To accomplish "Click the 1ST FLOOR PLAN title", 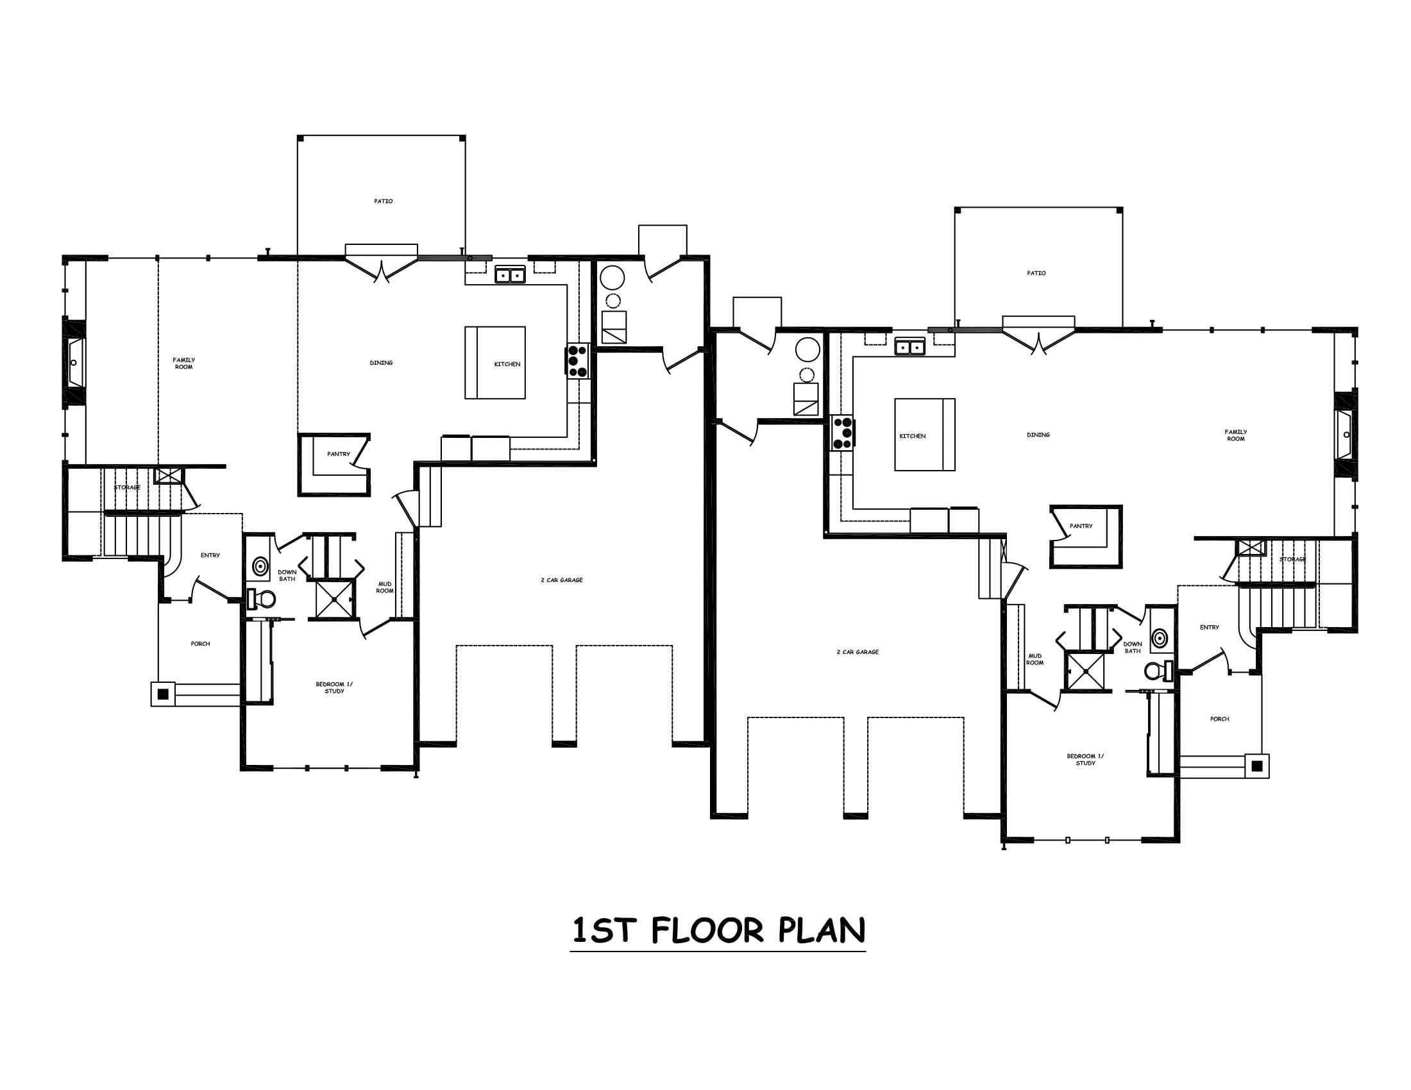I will click(718, 930).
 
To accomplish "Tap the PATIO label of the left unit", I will click(383, 201).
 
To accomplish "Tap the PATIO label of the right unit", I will click(1036, 273).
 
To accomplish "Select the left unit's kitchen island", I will click(495, 362).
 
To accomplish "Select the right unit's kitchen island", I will click(924, 435).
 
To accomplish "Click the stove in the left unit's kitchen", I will click(578, 361).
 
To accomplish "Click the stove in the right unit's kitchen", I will click(842, 433).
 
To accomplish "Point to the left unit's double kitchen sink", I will click(511, 275).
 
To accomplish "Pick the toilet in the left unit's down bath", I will click(261, 599).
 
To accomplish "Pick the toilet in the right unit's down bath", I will click(1159, 671).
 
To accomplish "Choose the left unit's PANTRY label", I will click(339, 454).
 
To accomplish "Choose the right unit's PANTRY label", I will click(1081, 526).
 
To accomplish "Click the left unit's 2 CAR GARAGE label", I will click(561, 580).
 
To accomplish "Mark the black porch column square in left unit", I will click(163, 694).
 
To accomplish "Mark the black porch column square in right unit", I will click(1256, 766).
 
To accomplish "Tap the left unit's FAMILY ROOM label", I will click(183, 364).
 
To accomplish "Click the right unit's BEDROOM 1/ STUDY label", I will click(1085, 759).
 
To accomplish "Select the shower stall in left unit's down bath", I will click(334, 599).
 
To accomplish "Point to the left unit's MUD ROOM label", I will click(385, 587).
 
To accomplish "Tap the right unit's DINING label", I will click(1038, 435).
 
